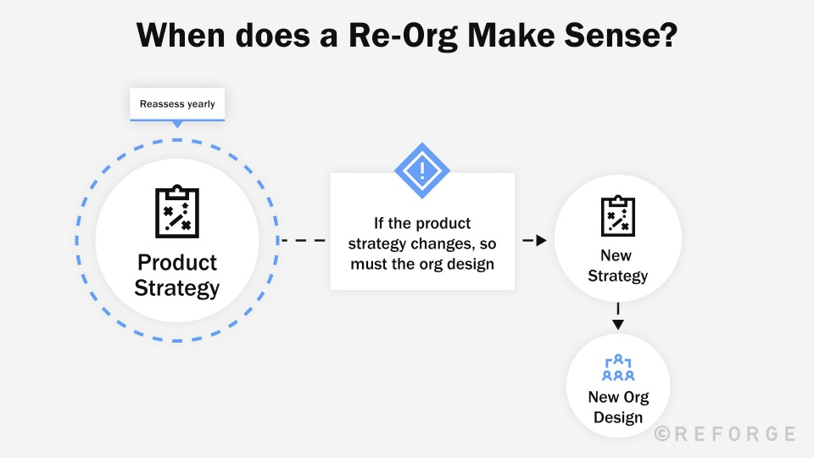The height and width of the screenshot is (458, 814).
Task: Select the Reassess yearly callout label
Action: point(177,104)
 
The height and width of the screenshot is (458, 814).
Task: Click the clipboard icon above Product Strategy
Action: point(177,212)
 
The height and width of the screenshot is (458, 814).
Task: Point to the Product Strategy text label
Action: point(177,275)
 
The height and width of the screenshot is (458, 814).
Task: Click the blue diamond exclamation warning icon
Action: point(422,171)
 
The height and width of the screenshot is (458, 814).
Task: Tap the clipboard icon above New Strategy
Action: point(617,215)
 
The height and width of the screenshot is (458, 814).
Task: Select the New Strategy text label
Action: point(617,265)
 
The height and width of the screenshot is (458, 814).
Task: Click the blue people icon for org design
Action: point(618,368)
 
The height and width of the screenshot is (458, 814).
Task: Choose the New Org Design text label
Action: point(618,407)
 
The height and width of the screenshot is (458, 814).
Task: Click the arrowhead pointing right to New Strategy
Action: point(540,241)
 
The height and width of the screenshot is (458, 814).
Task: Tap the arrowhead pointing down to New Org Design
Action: point(618,323)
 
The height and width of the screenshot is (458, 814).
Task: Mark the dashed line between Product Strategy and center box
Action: point(303,241)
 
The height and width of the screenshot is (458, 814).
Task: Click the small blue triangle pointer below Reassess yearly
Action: point(177,125)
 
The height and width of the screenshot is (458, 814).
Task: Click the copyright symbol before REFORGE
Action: point(663,434)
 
